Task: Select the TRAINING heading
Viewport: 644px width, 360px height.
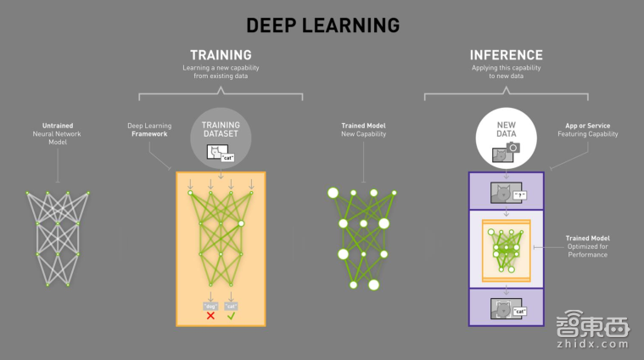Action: [x=221, y=54]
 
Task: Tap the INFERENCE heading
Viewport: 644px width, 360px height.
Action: [x=507, y=54]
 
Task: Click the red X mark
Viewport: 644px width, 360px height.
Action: [x=210, y=315]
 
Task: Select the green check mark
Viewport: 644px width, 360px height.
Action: [x=231, y=315]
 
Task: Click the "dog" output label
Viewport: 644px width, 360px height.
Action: [x=210, y=303]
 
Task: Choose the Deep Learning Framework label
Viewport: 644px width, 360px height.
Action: [x=148, y=129]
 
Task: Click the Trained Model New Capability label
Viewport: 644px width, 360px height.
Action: [x=363, y=129]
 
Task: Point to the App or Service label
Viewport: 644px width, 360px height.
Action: [x=591, y=129]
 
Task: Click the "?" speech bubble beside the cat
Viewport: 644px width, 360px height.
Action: [x=519, y=195]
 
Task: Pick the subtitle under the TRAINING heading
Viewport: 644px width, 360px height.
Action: [x=221, y=71]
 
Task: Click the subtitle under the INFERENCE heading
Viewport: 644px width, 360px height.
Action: [x=507, y=71]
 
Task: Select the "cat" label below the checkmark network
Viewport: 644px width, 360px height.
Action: [x=231, y=303]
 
